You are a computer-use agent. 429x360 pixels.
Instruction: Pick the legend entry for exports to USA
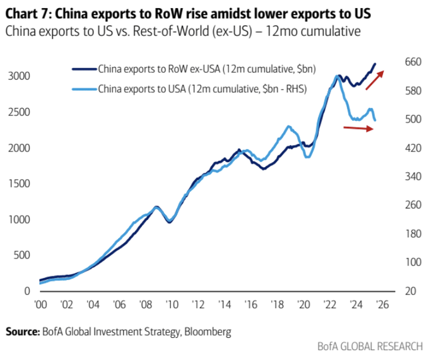202,89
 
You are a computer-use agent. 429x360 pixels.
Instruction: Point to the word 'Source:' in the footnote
23,331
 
